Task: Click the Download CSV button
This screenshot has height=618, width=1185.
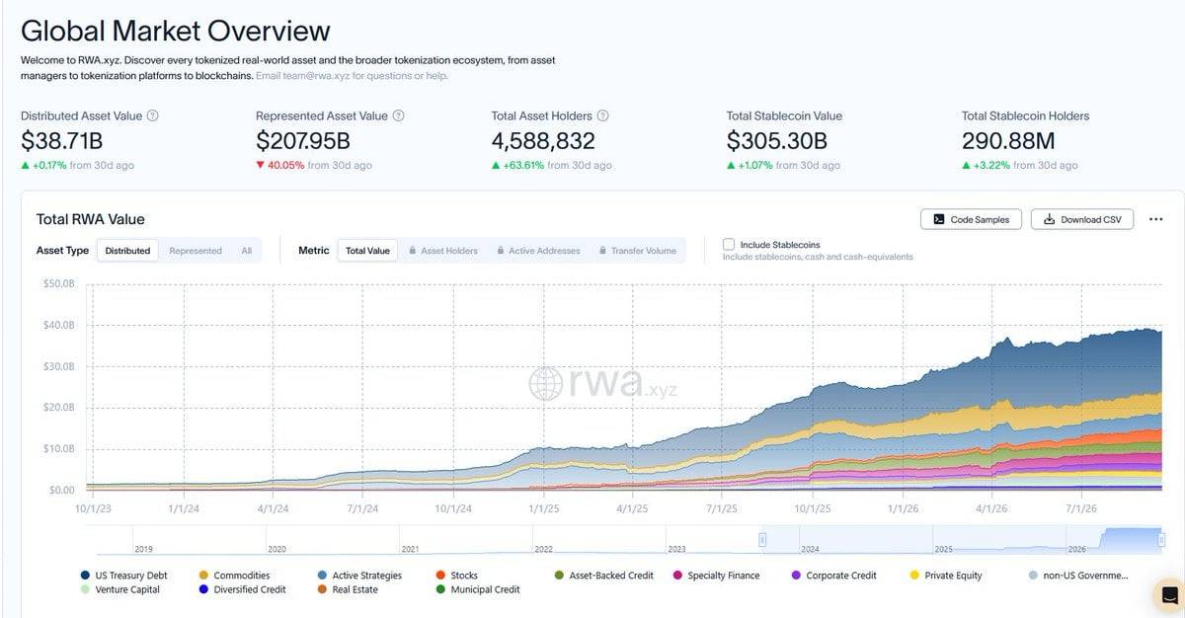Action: click(1082, 219)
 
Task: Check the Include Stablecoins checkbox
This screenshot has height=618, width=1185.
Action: click(729, 244)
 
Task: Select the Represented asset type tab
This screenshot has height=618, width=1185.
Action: click(196, 251)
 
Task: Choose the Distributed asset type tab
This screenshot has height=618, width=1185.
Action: click(127, 251)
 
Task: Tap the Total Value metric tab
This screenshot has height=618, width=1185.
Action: click(367, 251)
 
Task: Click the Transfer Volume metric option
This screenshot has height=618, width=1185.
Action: click(638, 251)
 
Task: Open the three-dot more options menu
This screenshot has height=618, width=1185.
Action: click(1156, 219)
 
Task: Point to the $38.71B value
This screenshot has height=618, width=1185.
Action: click(62, 141)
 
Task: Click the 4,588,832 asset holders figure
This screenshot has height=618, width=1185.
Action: click(543, 141)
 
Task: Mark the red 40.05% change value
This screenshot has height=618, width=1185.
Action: click(285, 165)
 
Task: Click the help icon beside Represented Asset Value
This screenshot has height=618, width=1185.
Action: click(398, 116)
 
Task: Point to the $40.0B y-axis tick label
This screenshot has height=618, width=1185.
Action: click(58, 325)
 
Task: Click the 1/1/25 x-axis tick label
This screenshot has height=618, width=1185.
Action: click(543, 508)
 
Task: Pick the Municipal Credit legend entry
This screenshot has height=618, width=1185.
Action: click(478, 589)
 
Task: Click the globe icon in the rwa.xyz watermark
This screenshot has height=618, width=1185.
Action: click(545, 383)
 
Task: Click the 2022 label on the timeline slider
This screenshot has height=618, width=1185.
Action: click(543, 549)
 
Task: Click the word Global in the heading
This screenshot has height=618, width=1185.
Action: click(63, 31)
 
